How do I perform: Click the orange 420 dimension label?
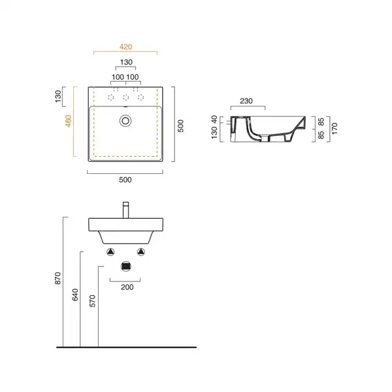[x=125, y=47]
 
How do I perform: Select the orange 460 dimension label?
[x=68, y=121]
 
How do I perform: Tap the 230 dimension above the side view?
[x=246, y=101]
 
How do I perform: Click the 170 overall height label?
[x=335, y=129]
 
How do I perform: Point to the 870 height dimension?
[x=57, y=278]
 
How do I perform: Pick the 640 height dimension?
[x=75, y=295]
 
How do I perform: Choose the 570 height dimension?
[x=93, y=301]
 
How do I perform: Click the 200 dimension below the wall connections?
[x=127, y=287]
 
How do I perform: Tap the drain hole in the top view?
[x=125, y=121]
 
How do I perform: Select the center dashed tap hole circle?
[x=125, y=97]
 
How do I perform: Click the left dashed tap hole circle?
[x=111, y=97]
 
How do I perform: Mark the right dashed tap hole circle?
[x=140, y=97]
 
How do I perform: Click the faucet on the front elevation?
[x=126, y=210]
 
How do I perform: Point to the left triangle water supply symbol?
[x=111, y=252]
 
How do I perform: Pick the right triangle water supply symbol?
[x=141, y=252]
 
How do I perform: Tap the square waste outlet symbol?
[x=126, y=267]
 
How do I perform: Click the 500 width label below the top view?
[x=125, y=180]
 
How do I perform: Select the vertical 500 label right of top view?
[x=180, y=126]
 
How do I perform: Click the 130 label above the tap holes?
[x=126, y=62]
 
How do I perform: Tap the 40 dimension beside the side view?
[x=214, y=120]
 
